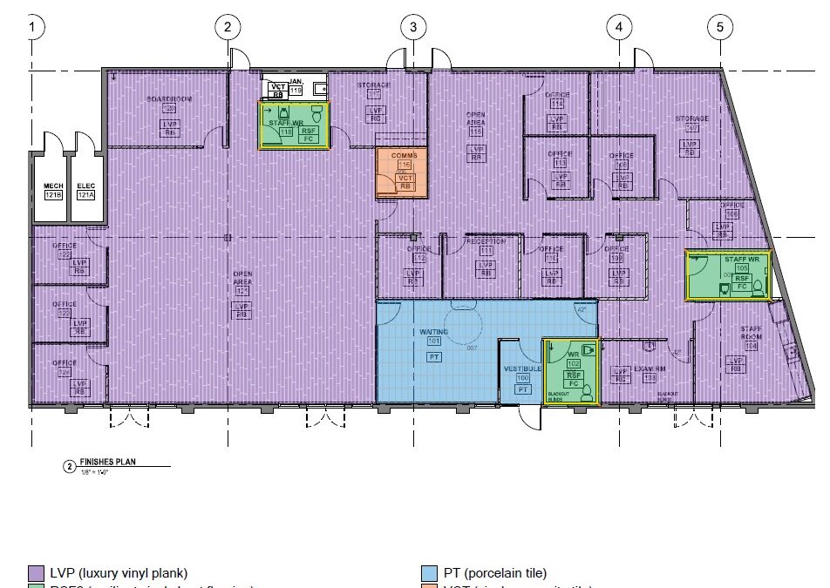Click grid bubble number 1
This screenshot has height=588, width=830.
(x=34, y=26)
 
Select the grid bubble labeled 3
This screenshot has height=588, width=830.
(x=413, y=26)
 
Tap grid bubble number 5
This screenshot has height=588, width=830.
(x=720, y=26)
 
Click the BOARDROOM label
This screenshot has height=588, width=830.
(x=168, y=99)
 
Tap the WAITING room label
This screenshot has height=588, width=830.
(x=433, y=332)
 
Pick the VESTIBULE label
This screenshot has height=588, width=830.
(x=522, y=369)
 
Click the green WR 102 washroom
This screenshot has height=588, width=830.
(x=572, y=372)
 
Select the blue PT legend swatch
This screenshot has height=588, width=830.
(x=428, y=572)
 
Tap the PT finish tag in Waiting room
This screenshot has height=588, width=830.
(x=433, y=357)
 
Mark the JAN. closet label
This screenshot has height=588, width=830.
(x=296, y=80)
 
